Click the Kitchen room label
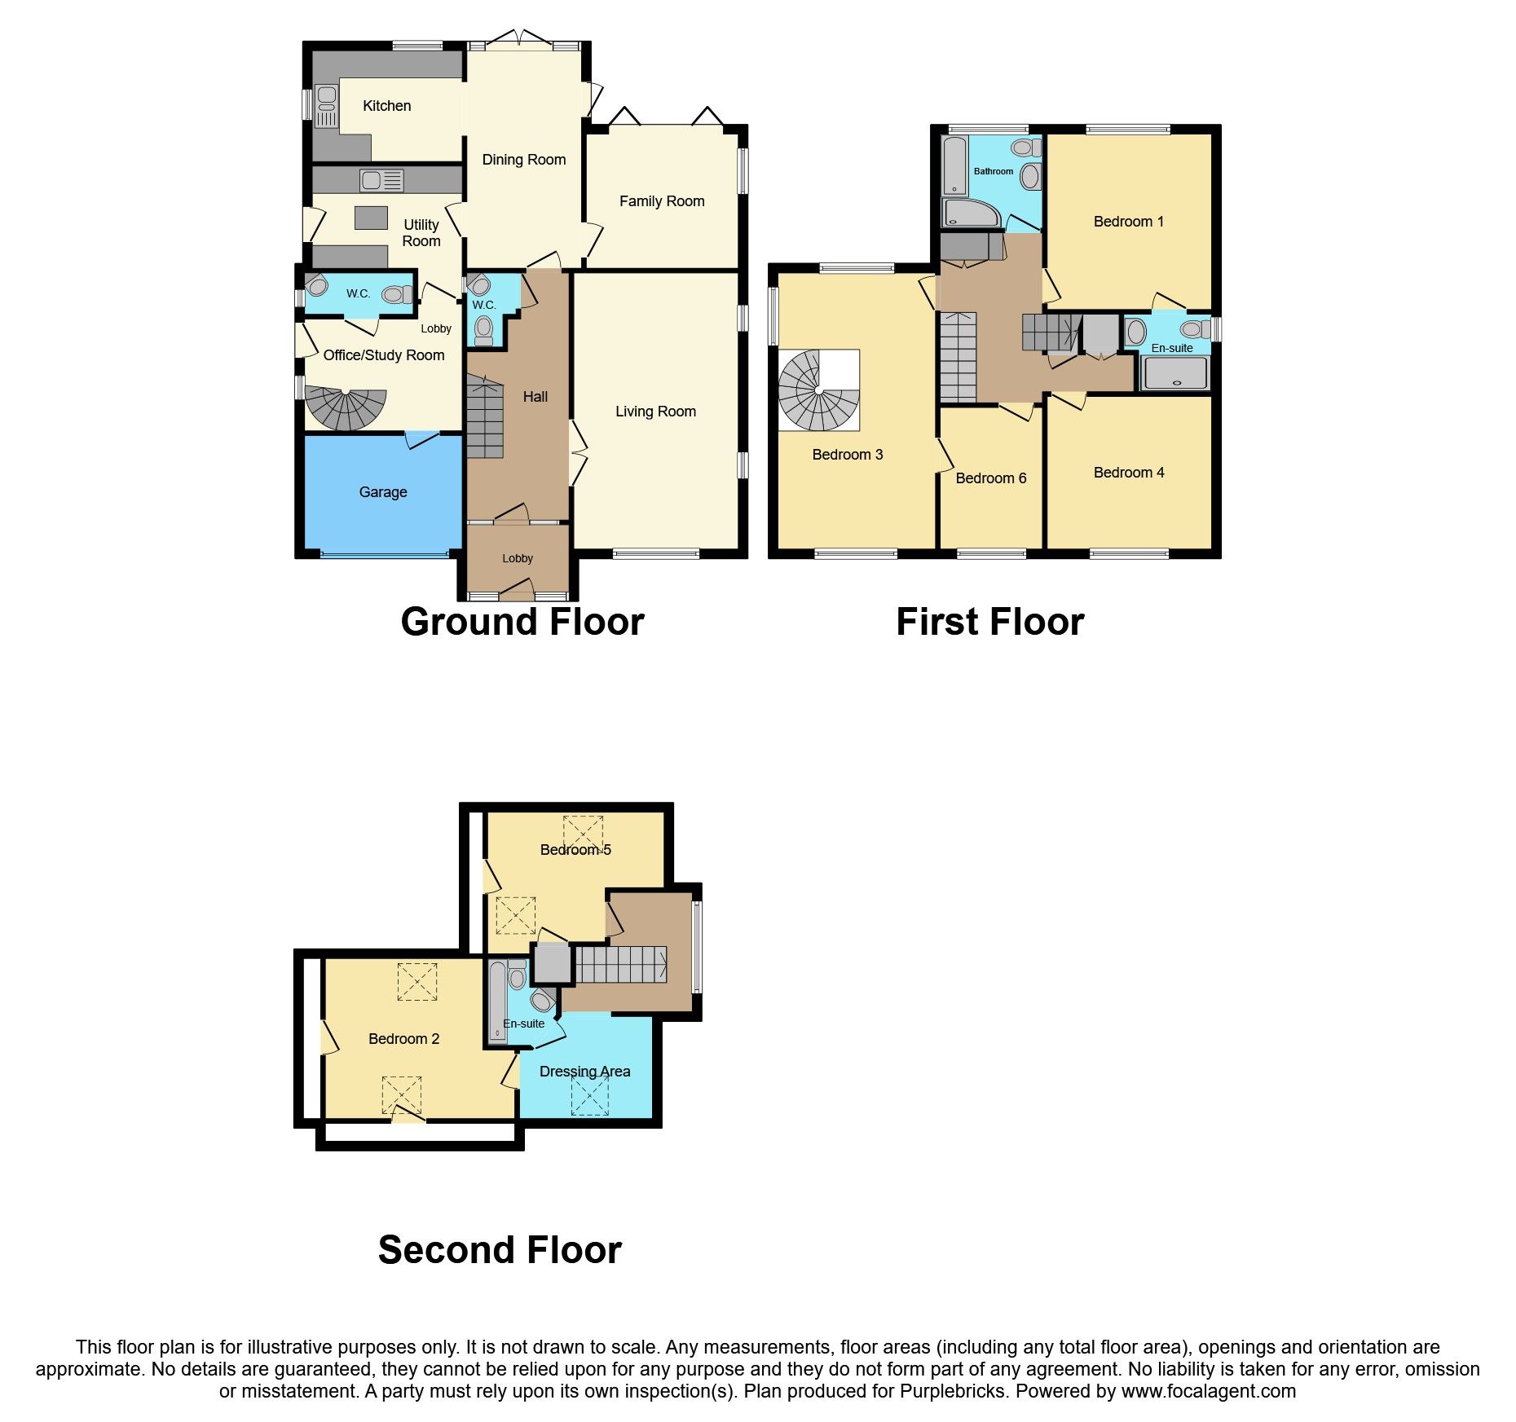click(x=386, y=106)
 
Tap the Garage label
click(x=383, y=492)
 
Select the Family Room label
click(x=662, y=201)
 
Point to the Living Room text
click(x=655, y=412)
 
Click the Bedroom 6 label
click(x=990, y=478)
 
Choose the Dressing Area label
click(x=584, y=1072)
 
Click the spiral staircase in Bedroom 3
click(x=818, y=390)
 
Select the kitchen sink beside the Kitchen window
click(x=327, y=107)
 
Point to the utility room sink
click(x=381, y=180)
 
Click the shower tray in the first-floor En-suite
click(x=1175, y=374)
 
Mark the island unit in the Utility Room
click(x=371, y=218)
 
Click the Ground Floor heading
click(x=522, y=622)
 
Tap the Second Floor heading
click(x=500, y=1250)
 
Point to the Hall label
click(x=535, y=397)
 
